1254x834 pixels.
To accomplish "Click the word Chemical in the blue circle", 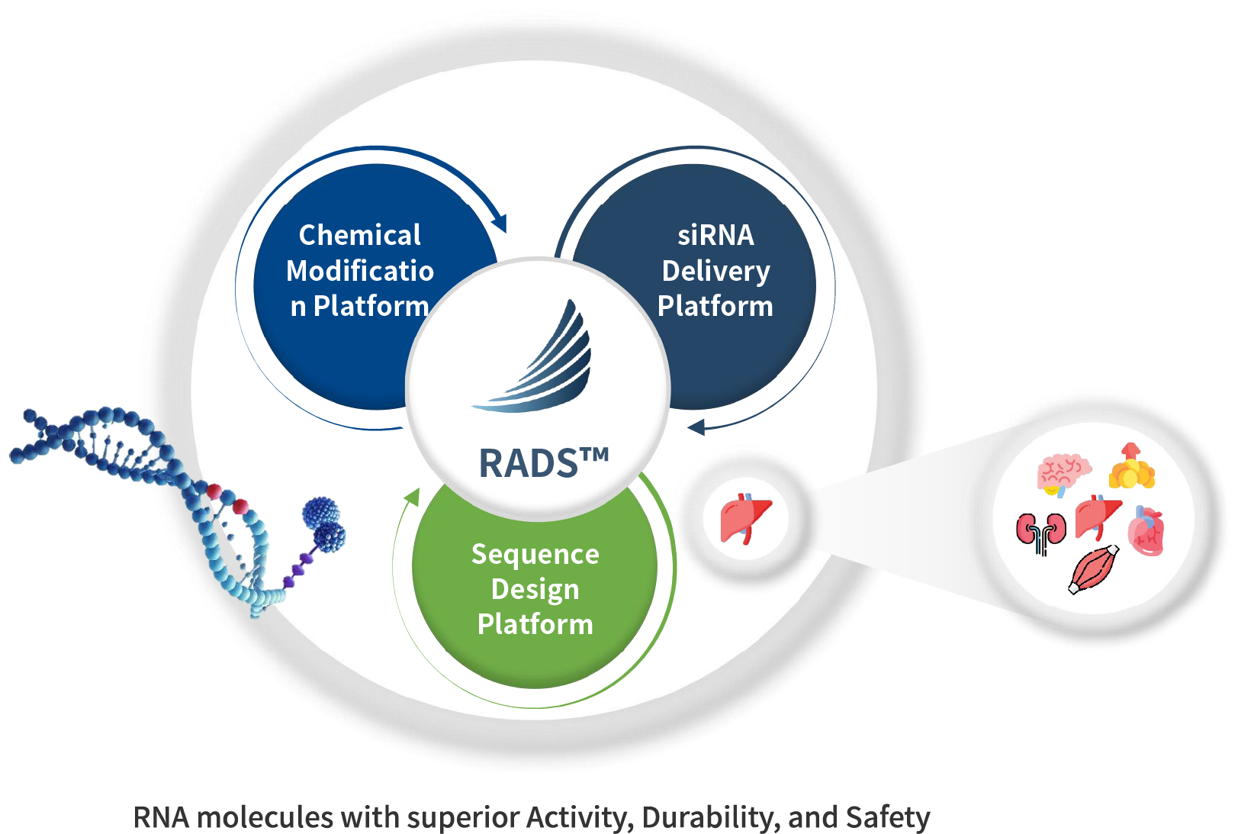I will pos(359,235).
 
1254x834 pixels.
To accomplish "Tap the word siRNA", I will pos(715,235).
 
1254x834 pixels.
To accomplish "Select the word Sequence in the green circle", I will pos(535,554).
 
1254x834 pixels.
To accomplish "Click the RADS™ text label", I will pos(543,463).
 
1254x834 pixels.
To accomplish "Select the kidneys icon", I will pos(1041,532).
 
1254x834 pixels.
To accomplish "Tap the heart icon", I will pos(1146,530).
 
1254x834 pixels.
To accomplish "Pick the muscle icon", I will pos(1094,569).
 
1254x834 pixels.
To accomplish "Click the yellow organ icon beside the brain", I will pos(1131,467).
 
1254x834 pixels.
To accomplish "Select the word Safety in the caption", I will pos(887,817).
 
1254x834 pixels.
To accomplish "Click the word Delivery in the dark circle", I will pos(715,271).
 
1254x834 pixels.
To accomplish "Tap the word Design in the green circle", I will pos(535,589).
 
